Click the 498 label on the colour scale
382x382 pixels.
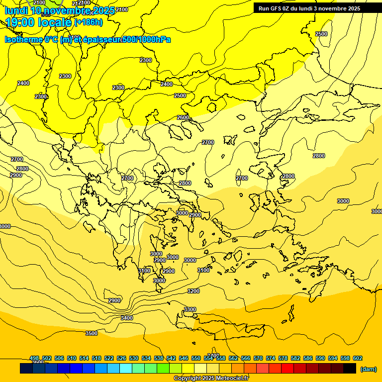point(34,358)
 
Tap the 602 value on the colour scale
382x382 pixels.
point(358,358)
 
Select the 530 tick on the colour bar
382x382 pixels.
point(134,358)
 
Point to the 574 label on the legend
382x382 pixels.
point(271,358)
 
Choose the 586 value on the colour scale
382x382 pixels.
point(308,358)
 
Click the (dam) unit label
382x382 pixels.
point(368,369)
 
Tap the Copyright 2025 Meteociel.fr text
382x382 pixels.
point(211,379)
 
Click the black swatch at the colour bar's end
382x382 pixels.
point(350,369)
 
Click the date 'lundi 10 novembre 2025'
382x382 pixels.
point(60,10)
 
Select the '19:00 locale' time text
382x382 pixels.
point(39,22)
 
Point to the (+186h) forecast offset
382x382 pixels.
point(89,22)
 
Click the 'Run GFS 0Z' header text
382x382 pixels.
point(276,8)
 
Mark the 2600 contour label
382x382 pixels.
point(183,117)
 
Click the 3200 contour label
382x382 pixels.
point(193,291)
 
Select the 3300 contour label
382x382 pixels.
point(190,309)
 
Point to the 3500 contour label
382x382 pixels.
point(92,333)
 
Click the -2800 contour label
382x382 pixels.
point(21,169)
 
